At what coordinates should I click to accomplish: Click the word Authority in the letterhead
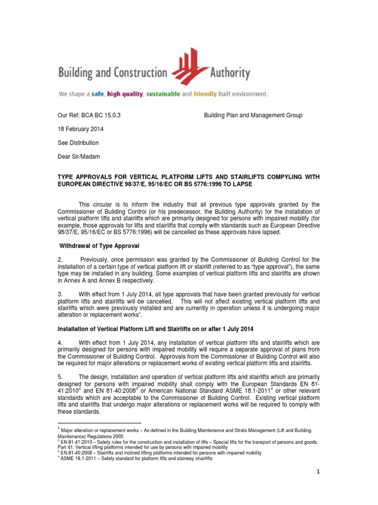point(229,74)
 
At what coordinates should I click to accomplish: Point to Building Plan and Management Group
point(253,115)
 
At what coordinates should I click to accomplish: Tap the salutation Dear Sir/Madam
point(79,156)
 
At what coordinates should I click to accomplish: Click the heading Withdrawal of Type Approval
point(99,246)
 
